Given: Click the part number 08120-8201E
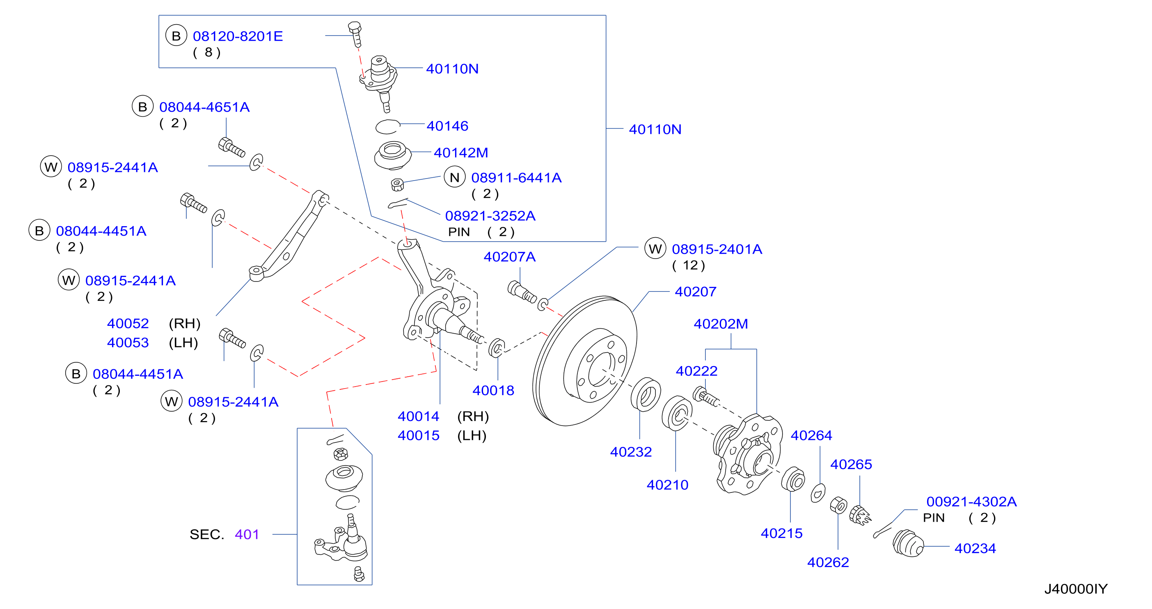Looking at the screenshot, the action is (238, 36).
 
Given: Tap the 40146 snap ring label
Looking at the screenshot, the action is (447, 126).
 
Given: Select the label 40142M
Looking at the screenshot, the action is (460, 153).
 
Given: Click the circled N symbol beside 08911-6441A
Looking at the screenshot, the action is (454, 178).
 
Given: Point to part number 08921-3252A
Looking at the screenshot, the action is (490, 216).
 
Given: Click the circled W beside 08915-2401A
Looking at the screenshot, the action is (655, 249).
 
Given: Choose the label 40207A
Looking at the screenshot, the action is (509, 257).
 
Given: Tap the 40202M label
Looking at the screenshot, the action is (720, 324).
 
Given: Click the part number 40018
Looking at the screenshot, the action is (493, 391).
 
